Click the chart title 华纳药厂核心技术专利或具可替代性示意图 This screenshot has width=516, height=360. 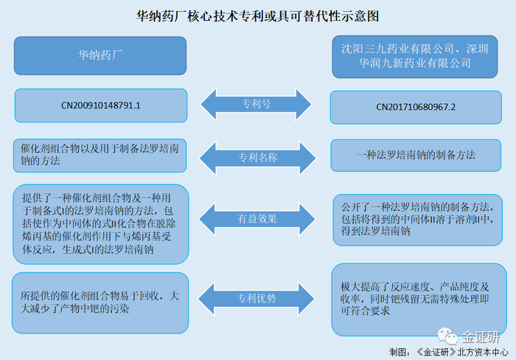(258, 15)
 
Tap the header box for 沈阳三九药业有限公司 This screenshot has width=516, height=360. (410, 56)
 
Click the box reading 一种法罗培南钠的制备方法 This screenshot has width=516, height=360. (416, 156)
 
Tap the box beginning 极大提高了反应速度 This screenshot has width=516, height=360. (416, 298)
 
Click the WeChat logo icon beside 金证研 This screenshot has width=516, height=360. (448, 336)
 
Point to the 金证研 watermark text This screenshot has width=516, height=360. (480, 337)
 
